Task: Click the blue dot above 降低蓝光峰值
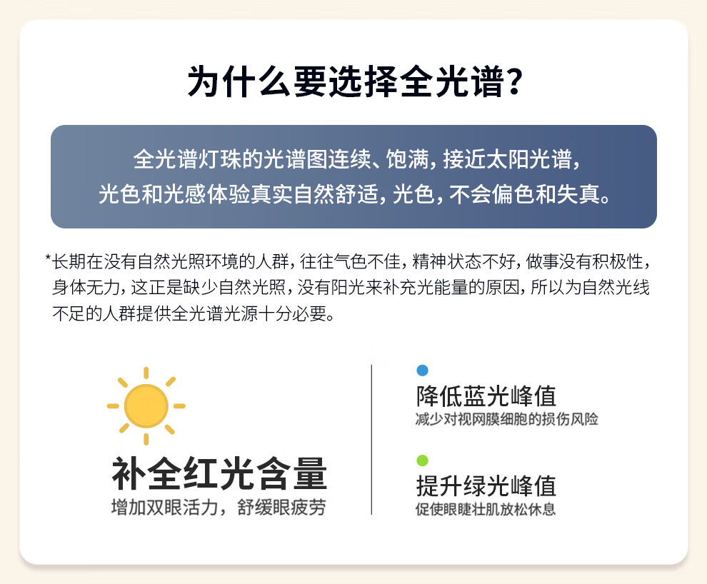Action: click(x=423, y=371)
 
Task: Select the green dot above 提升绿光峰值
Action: click(x=423, y=460)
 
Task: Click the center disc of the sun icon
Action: click(x=146, y=406)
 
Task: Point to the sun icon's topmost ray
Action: click(x=146, y=373)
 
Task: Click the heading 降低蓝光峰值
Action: click(x=486, y=396)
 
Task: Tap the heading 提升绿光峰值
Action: click(x=486, y=485)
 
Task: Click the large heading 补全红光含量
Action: click(x=219, y=473)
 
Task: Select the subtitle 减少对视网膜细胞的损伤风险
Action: click(x=507, y=419)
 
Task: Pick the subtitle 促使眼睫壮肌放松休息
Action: click(x=486, y=509)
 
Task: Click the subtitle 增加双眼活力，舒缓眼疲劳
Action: click(x=219, y=508)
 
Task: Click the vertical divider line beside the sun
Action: click(x=371, y=439)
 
